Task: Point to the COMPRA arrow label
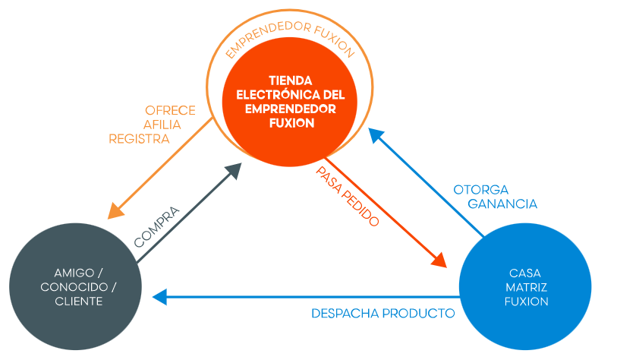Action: point(156,226)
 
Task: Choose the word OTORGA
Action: point(481,189)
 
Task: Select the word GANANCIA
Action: point(502,204)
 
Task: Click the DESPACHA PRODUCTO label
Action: point(383,313)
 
